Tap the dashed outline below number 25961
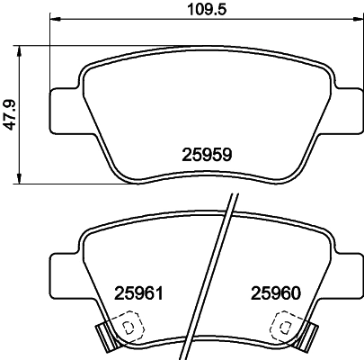130,325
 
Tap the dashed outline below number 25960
288,325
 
